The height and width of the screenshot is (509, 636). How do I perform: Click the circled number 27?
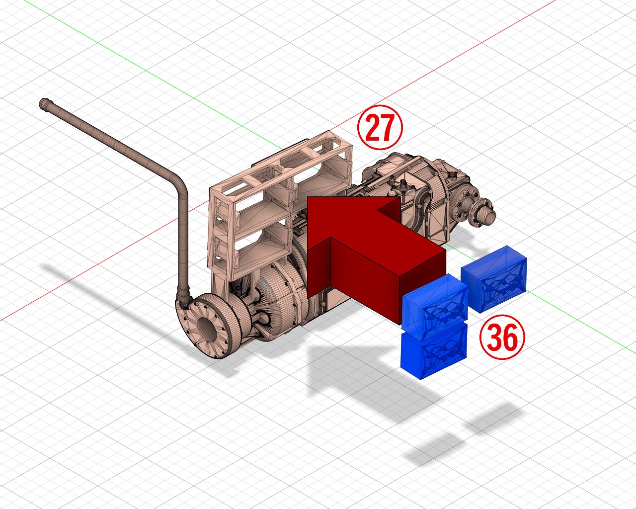coord(380,127)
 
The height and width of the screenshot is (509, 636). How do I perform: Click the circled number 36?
coord(502,337)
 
